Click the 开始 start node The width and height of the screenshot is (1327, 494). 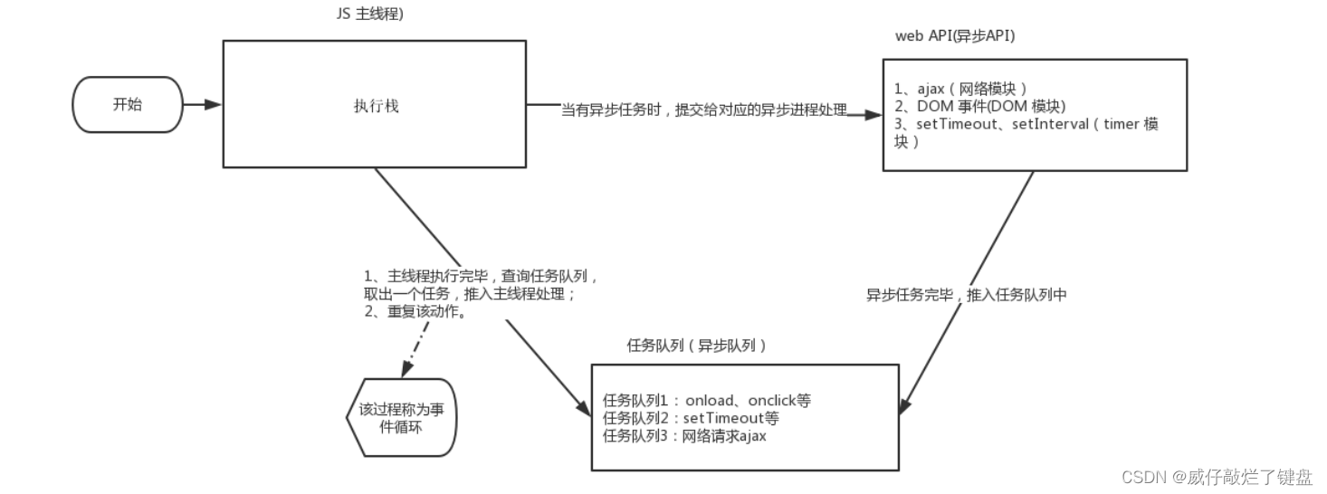coord(128,104)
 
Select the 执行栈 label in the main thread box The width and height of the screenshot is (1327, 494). coord(376,106)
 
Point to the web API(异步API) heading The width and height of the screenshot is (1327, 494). coord(956,35)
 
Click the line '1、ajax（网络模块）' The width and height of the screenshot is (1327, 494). coord(959,89)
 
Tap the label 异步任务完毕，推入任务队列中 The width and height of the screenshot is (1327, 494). coord(966,294)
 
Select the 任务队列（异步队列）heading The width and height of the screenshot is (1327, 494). coord(697,345)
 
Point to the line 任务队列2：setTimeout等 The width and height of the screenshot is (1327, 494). coord(691,418)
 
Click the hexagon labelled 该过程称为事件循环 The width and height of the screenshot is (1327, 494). coord(402,418)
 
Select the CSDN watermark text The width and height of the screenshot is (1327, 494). coord(1217,476)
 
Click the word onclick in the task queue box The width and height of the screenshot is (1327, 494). coord(773,400)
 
